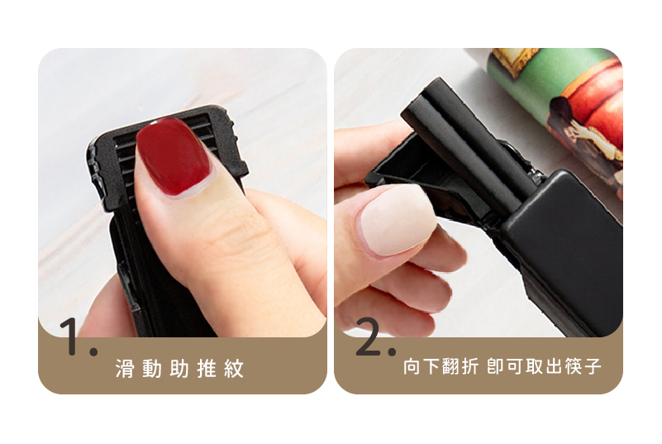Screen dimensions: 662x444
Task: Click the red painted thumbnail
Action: tap(174, 156)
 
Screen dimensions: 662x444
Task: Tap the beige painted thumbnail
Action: tap(396, 221)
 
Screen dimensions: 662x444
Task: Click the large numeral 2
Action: tap(374, 337)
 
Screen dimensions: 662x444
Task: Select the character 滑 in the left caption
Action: tap(125, 369)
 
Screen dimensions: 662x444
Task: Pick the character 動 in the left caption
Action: tap(152, 369)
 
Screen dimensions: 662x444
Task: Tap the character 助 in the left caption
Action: tap(179, 369)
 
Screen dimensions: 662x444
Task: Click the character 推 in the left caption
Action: tap(207, 369)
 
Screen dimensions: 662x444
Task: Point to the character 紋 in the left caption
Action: tap(234, 369)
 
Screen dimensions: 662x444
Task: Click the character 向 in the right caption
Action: tap(412, 366)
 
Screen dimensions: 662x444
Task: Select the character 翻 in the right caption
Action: tap(450, 366)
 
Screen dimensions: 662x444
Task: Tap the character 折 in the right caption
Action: tap(470, 366)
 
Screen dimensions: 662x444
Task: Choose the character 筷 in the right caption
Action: tap(574, 366)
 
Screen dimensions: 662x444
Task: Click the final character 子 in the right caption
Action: tap(593, 366)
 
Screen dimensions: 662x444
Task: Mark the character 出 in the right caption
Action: tap(554, 366)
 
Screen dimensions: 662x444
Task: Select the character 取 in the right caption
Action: tap(535, 366)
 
